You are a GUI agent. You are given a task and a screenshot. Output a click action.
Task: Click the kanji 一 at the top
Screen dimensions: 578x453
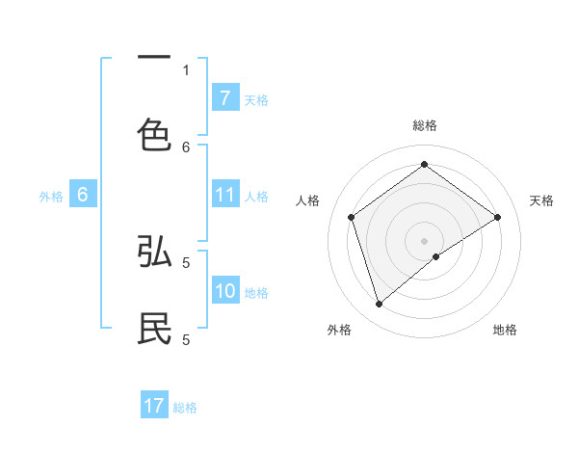click(x=154, y=59)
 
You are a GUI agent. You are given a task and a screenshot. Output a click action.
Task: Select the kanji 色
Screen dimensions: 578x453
click(x=154, y=134)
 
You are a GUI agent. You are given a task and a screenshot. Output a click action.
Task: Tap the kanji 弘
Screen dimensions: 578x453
click(x=154, y=252)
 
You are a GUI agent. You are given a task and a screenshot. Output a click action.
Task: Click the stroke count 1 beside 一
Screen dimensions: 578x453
click(x=186, y=69)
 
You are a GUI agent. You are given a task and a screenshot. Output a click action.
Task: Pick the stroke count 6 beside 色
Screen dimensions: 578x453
click(x=186, y=147)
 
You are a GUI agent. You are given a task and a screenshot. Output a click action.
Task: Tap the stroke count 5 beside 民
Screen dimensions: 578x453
click(x=186, y=339)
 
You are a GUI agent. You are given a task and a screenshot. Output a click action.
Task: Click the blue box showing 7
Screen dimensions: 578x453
click(x=224, y=98)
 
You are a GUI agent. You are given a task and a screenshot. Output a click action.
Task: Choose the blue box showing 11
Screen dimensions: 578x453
click(x=224, y=196)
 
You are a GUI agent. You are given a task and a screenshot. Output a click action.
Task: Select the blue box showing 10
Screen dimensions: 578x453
click(x=224, y=291)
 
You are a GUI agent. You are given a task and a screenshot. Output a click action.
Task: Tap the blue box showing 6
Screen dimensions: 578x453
click(x=82, y=196)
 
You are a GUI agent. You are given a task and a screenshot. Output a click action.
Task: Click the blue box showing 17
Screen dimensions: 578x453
click(x=154, y=406)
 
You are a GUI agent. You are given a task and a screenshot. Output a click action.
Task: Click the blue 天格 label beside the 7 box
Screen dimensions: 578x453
click(x=256, y=99)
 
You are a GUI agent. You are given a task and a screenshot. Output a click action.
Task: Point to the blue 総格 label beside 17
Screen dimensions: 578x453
click(x=185, y=407)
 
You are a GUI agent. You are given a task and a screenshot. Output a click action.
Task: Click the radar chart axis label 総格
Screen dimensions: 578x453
click(x=424, y=125)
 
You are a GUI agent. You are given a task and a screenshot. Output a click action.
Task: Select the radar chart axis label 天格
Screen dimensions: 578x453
click(x=541, y=200)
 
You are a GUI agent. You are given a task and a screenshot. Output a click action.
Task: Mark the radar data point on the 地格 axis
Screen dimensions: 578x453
click(x=436, y=256)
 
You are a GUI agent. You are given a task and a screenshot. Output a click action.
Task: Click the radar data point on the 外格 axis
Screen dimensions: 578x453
click(x=379, y=305)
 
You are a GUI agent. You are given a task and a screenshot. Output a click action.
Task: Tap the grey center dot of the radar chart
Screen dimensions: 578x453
click(x=424, y=240)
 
